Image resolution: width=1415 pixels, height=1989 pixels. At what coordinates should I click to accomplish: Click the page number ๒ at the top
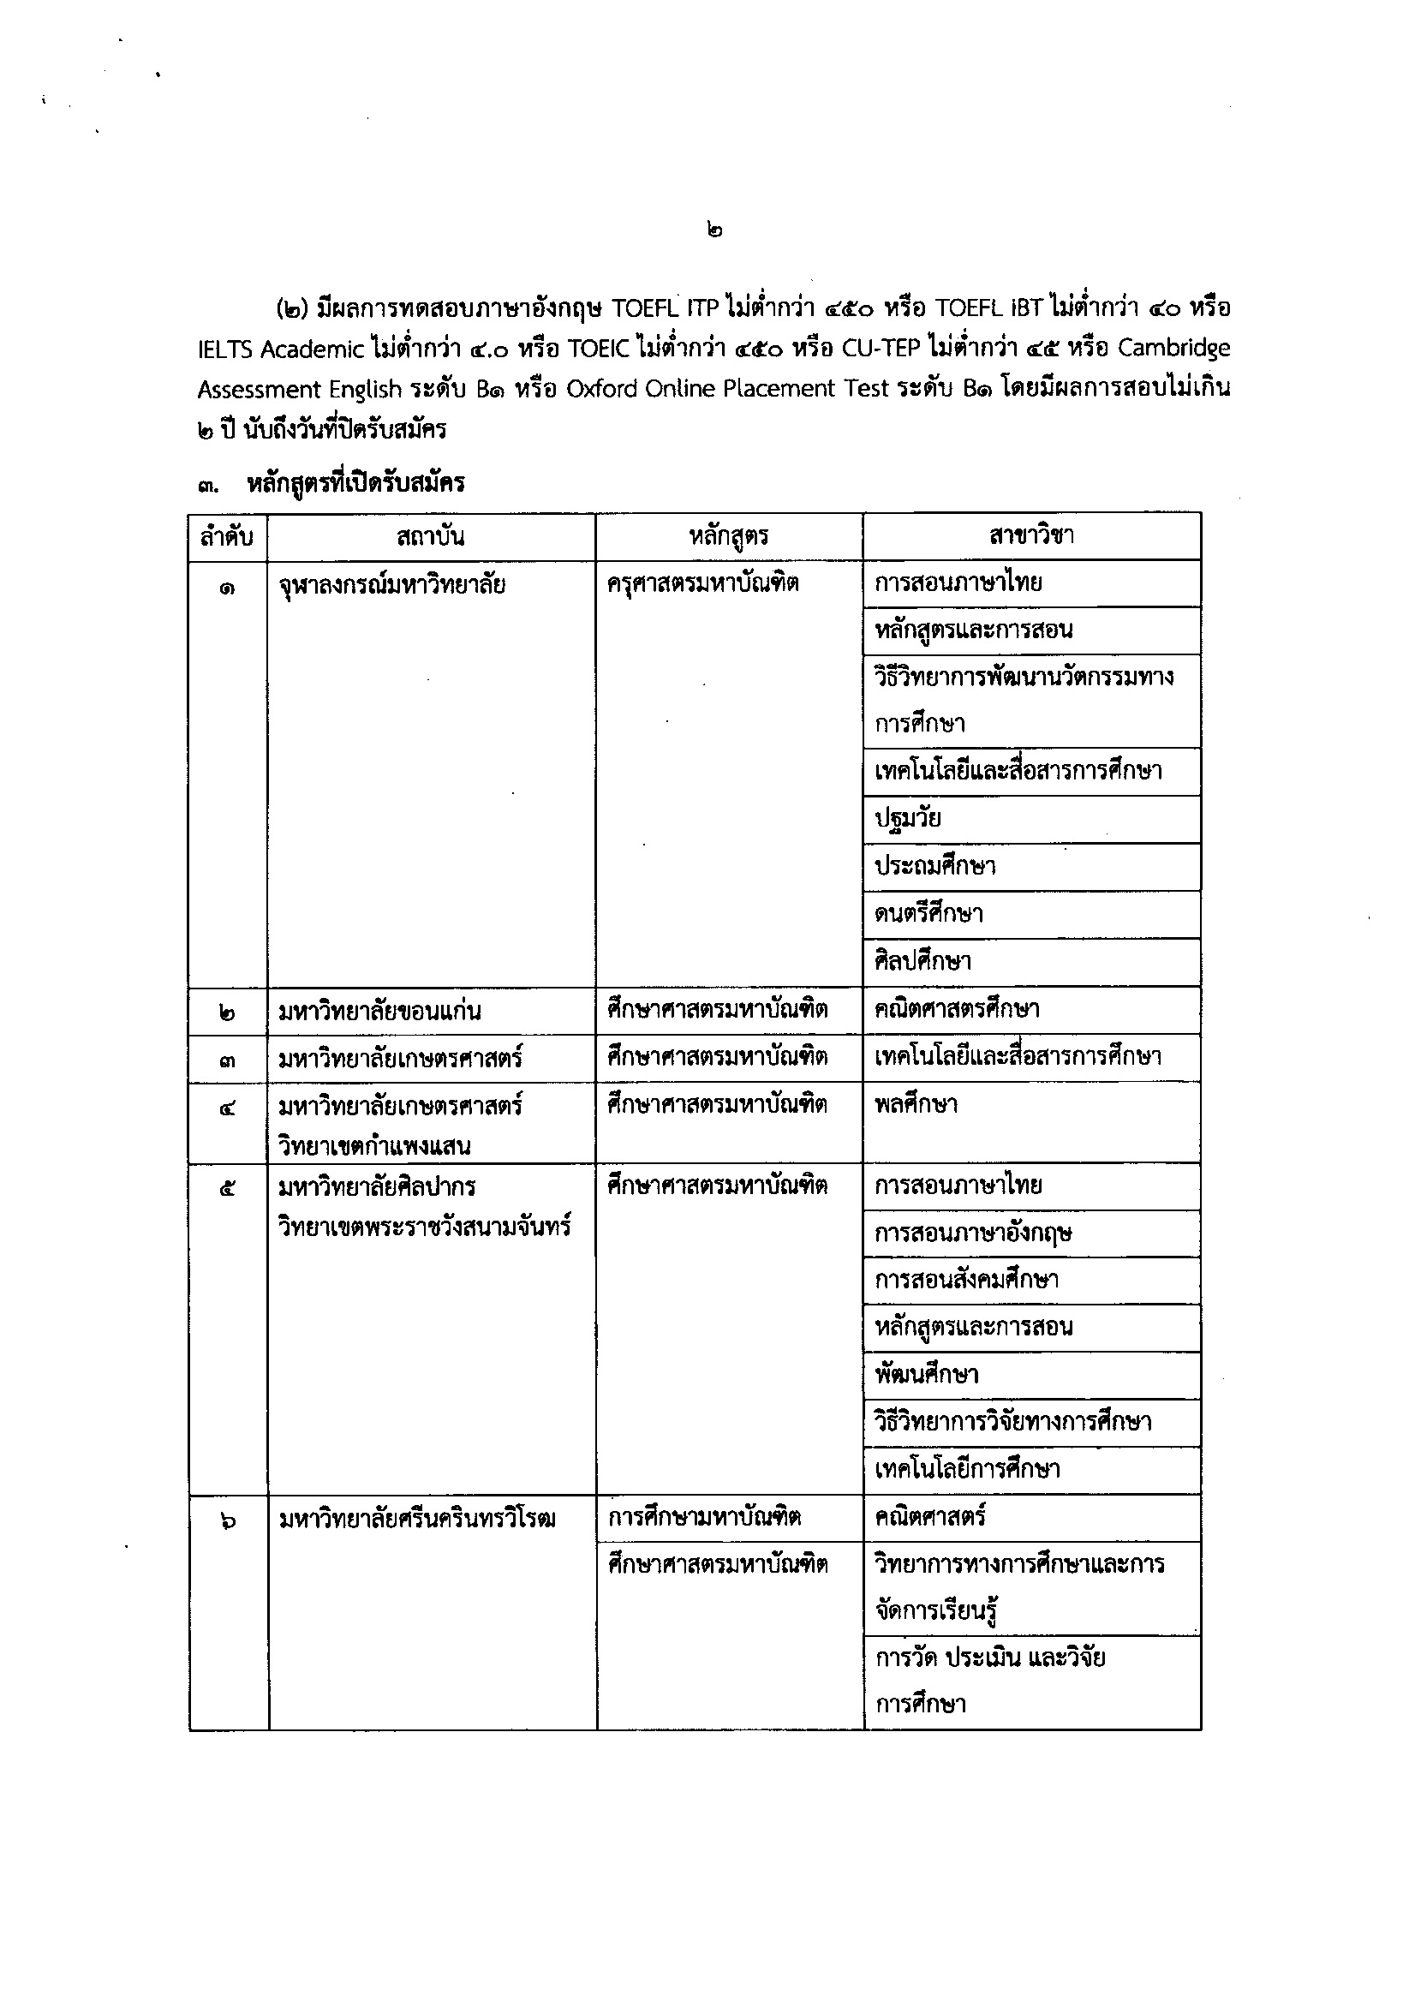[x=714, y=231]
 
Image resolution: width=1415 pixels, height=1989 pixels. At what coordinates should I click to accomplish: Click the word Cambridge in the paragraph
[x=1173, y=349]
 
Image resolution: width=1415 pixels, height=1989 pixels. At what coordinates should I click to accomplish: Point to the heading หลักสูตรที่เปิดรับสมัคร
[x=355, y=482]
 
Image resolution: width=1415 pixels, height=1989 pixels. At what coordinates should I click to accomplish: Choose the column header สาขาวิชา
[x=1030, y=535]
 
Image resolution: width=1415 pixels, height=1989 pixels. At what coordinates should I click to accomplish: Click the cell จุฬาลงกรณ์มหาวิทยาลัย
[x=391, y=584]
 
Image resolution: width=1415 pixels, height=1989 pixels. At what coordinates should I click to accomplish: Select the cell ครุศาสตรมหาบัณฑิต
[x=702, y=582]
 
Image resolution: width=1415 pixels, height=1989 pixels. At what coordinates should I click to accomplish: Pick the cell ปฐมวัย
[x=907, y=819]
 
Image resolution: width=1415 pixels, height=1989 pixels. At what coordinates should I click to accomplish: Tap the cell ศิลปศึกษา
[x=922, y=962]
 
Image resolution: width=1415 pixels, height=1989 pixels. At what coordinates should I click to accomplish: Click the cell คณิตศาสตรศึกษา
[x=956, y=1010]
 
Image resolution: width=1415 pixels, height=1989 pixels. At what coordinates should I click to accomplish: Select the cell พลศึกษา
[x=916, y=1105]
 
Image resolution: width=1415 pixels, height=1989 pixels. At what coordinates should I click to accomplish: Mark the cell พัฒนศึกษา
[x=926, y=1375]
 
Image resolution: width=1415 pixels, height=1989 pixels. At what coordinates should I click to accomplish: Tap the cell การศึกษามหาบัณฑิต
[x=704, y=1518]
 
